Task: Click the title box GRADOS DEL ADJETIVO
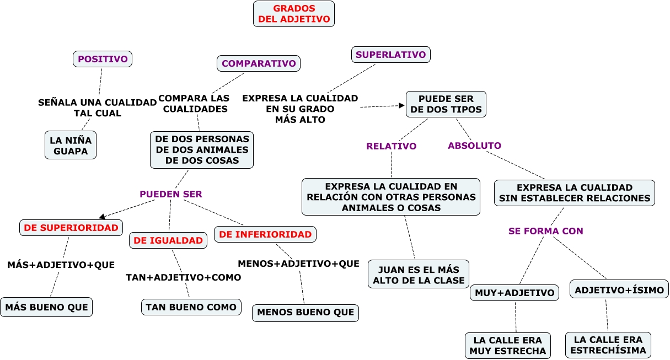[x=294, y=14]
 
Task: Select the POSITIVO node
[x=103, y=59]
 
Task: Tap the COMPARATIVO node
[x=259, y=63]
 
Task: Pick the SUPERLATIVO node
[x=390, y=55]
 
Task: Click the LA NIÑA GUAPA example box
[x=71, y=145]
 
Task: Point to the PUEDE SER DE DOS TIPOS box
[x=446, y=104]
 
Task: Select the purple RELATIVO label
[x=391, y=146]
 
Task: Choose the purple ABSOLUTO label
[x=474, y=146]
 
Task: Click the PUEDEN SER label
[x=171, y=194]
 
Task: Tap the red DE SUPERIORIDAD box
[x=71, y=228]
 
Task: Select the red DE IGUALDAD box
[x=168, y=240]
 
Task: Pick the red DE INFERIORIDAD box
[x=265, y=234]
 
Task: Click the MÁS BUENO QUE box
[x=46, y=307]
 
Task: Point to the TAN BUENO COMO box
[x=191, y=307]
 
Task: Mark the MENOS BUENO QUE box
[x=305, y=313]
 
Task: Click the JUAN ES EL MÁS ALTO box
[x=419, y=274]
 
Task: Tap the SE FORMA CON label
[x=546, y=231]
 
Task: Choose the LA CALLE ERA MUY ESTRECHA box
[x=508, y=346]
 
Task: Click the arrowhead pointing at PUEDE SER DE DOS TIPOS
[x=401, y=105]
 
